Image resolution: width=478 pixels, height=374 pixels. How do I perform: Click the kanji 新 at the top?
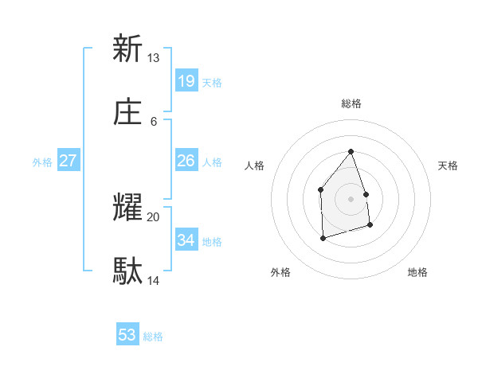[x=127, y=49]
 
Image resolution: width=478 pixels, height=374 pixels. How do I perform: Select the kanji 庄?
[x=127, y=113]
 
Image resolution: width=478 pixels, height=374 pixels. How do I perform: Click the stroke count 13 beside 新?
[x=153, y=58]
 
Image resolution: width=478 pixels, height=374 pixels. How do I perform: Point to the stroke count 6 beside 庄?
[x=153, y=122]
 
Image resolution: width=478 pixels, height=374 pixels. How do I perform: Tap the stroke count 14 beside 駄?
[x=153, y=281]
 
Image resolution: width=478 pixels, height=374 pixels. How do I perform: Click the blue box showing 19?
[x=186, y=81]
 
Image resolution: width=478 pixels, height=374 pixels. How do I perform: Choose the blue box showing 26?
[x=186, y=161]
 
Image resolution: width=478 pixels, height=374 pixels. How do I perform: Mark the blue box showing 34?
[x=186, y=240]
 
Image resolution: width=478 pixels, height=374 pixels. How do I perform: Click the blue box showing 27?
[x=69, y=161]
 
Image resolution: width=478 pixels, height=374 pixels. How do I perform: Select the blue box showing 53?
[x=127, y=335]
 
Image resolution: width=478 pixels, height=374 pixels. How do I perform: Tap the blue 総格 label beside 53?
[x=153, y=337]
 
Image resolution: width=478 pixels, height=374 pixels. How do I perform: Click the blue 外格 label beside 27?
[x=42, y=162]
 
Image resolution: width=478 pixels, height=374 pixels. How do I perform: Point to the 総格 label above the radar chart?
[x=351, y=103]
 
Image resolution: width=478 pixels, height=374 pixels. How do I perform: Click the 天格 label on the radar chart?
[x=449, y=166]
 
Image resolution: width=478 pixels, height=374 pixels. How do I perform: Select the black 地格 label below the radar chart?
[x=417, y=272]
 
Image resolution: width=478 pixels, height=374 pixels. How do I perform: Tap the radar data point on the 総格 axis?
[x=351, y=151]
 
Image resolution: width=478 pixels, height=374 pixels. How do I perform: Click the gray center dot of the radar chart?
[x=351, y=199]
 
